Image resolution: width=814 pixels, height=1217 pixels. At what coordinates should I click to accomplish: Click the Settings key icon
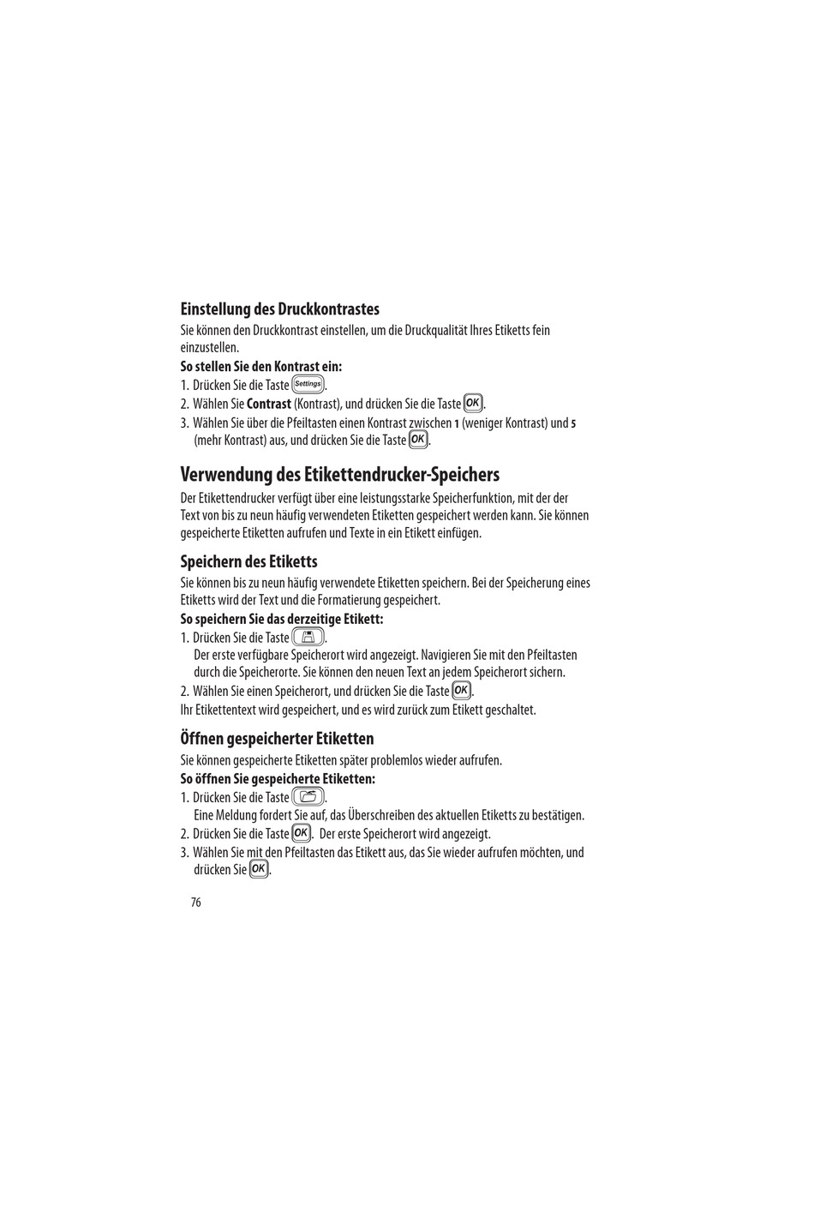308,385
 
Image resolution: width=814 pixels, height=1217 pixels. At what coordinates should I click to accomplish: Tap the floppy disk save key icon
308,637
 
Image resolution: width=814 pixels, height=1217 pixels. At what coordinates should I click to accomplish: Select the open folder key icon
308,797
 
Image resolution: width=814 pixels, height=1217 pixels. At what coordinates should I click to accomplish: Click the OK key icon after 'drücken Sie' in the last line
259,869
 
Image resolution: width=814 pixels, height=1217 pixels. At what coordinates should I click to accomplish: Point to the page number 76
196,902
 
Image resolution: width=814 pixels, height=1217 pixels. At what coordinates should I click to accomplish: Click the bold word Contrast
269,404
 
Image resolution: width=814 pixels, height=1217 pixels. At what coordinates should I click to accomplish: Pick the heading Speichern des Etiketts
248,561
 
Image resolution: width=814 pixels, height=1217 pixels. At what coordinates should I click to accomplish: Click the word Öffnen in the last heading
202,738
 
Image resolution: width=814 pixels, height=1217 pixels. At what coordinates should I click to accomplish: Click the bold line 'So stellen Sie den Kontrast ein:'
260,367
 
